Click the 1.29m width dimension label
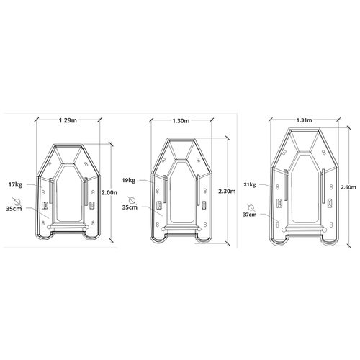(68, 120)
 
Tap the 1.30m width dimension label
(181, 121)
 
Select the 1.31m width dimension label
(305, 120)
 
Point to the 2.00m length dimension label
(109, 192)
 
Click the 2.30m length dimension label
(227, 192)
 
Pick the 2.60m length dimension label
(348, 187)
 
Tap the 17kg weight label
(15, 184)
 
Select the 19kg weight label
(129, 180)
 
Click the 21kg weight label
(250, 184)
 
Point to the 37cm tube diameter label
(249, 215)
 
